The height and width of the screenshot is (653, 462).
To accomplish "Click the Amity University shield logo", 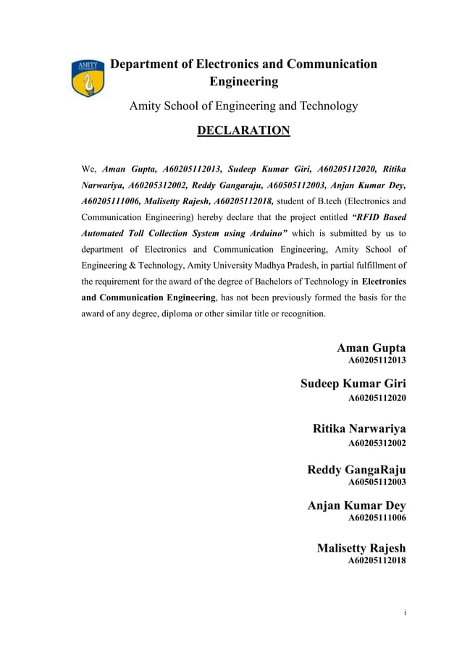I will coord(86,78).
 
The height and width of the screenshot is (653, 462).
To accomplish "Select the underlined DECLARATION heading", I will coord(243,130).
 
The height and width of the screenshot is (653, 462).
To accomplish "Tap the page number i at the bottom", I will coord(405,612).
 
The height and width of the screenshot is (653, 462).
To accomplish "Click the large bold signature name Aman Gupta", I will coord(371,347).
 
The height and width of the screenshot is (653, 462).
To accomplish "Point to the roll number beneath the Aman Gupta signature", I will coord(377,360).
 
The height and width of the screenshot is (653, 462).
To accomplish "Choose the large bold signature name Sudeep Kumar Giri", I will coord(353,384).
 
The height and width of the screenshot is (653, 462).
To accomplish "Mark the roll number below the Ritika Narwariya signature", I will coord(377,442).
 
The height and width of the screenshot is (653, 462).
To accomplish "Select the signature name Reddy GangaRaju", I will coord(356,470).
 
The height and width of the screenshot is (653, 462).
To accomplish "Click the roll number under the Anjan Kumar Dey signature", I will coord(377,518).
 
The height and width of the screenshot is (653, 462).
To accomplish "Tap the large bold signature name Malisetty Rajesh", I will coord(361,548).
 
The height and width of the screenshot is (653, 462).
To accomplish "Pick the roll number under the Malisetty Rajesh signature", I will coord(377,560).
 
